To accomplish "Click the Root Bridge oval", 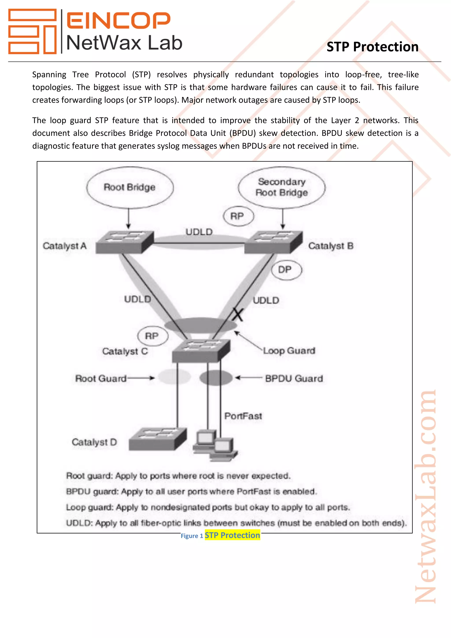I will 130,187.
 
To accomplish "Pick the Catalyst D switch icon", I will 157,439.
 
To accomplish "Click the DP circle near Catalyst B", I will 286,269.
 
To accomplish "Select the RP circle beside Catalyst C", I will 152,336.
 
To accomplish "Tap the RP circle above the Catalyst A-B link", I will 238,216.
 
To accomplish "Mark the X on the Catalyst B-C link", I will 238,315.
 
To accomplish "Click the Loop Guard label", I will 289,351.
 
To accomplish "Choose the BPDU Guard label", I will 294,378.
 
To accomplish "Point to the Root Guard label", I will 101,378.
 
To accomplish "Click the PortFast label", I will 243,416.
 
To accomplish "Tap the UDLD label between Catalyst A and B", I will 199,232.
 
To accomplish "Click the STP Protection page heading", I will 372,47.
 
